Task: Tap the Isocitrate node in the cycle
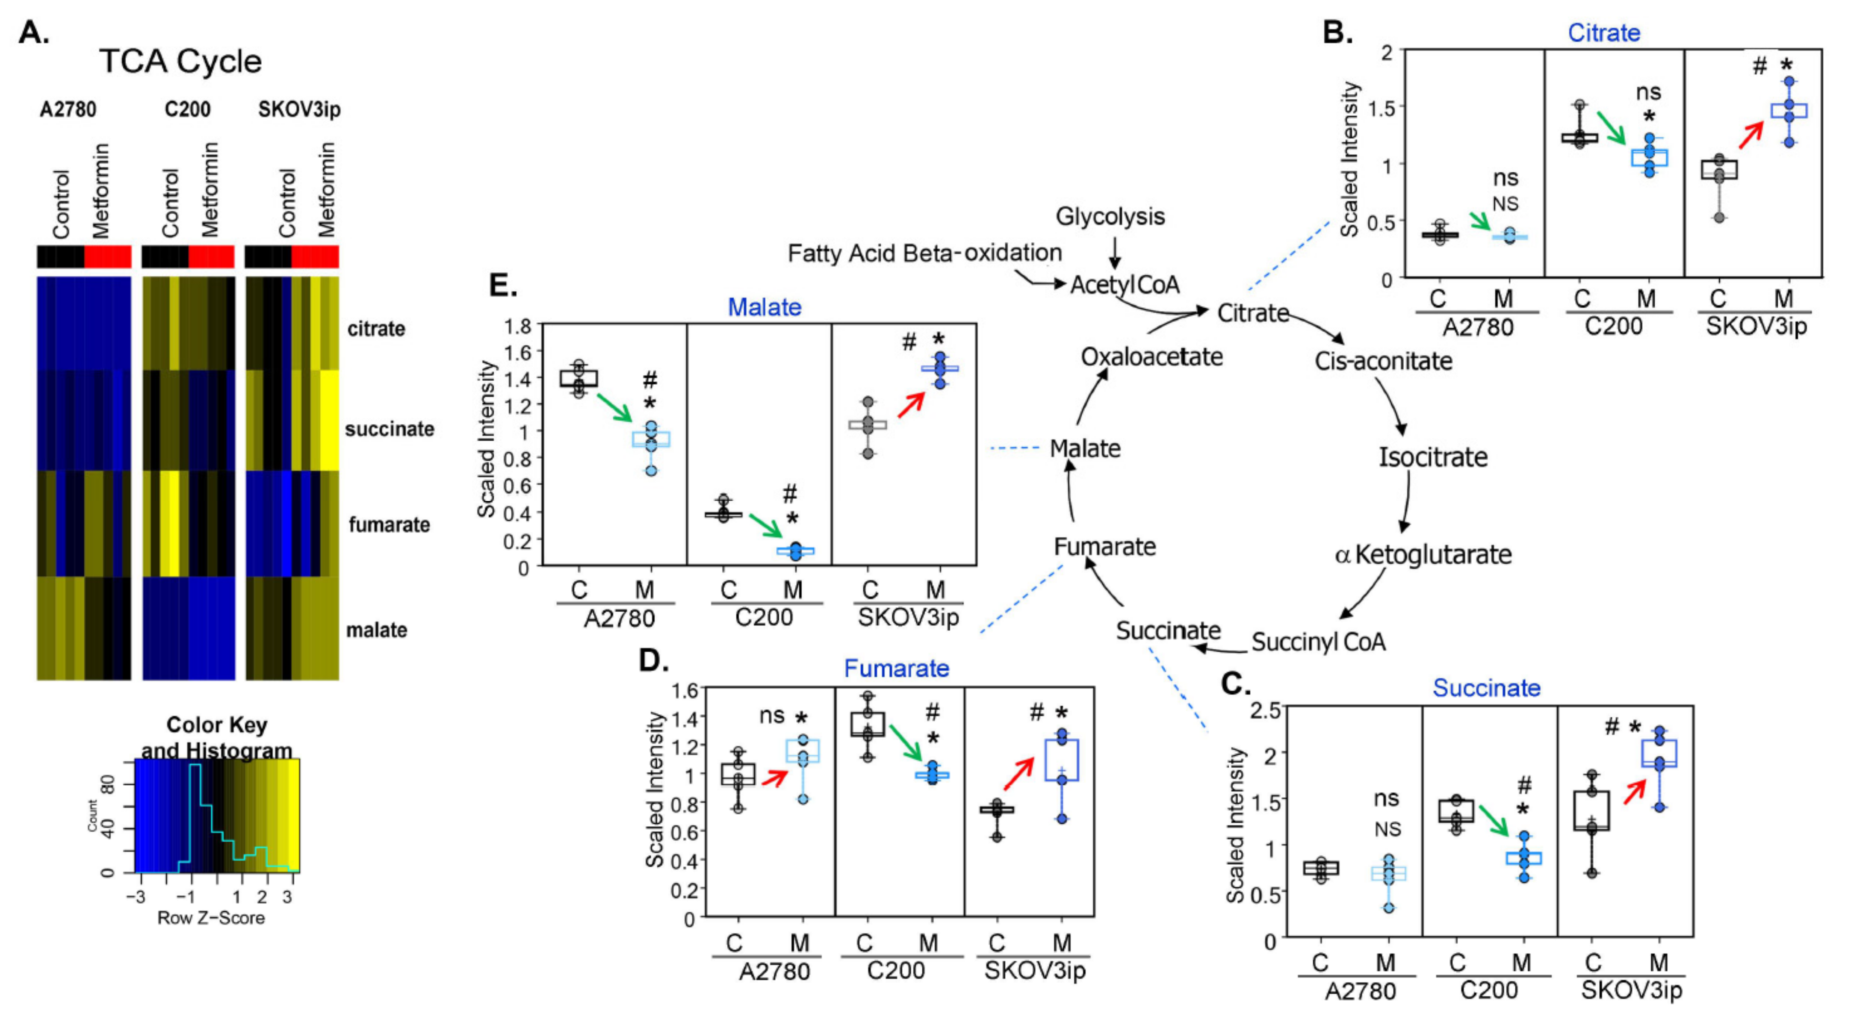tap(1432, 457)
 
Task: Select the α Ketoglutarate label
tap(1423, 554)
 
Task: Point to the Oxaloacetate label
tap(1151, 356)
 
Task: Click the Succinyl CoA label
tap(1318, 642)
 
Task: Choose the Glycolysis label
tap(1110, 216)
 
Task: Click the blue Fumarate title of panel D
tap(896, 668)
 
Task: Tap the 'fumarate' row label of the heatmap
tap(389, 524)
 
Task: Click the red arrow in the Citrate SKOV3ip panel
tap(1751, 134)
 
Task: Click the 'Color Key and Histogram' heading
tap(216, 737)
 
